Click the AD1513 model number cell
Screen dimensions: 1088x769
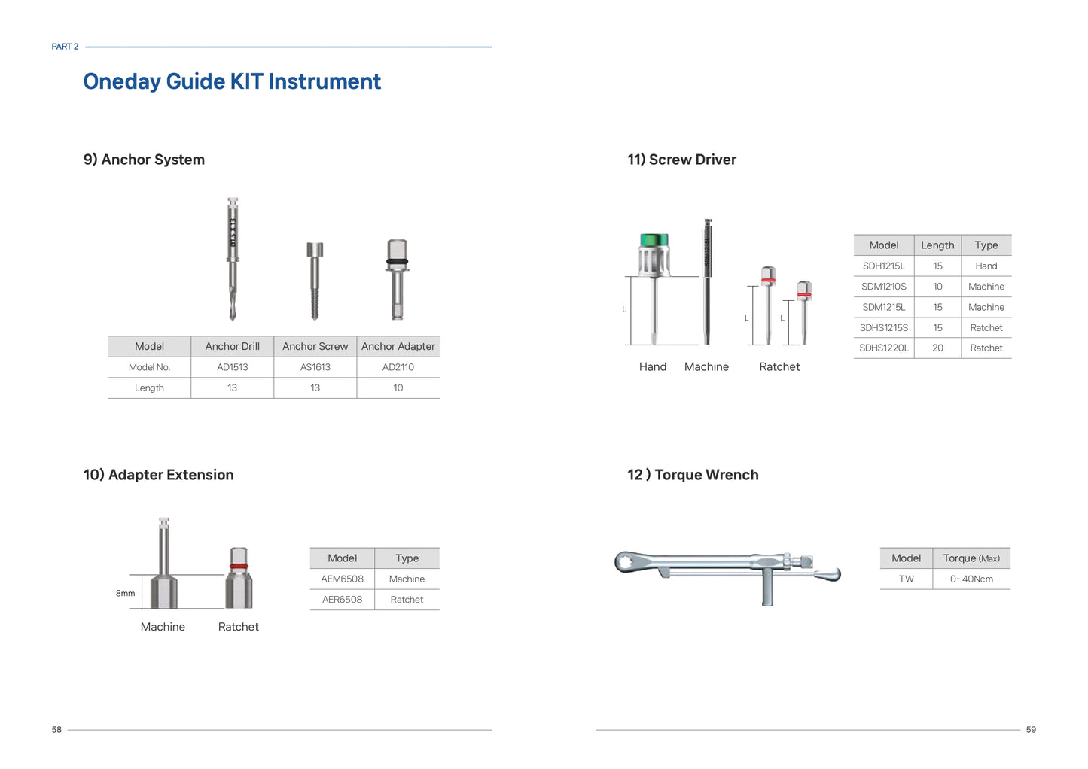point(232,367)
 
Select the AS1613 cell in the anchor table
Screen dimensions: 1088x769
point(315,367)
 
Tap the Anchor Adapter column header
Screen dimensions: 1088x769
point(398,347)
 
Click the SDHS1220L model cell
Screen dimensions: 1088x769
point(883,348)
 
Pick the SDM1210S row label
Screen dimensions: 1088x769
point(883,287)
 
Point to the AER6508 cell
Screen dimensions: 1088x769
point(342,600)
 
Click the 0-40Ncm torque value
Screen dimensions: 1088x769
point(971,579)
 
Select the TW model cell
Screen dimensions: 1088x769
point(907,579)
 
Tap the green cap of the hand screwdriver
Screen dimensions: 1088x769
point(654,240)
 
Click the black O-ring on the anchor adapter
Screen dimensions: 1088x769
point(397,262)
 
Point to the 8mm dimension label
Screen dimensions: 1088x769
point(125,593)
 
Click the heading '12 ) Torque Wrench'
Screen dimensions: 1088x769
point(693,474)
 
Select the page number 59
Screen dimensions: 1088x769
point(1031,730)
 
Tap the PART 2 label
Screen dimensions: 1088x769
point(65,47)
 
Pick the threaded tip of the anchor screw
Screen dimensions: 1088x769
point(315,305)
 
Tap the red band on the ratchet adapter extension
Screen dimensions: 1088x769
point(239,566)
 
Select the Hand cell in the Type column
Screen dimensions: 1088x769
point(986,266)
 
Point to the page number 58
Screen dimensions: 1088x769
point(56,730)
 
